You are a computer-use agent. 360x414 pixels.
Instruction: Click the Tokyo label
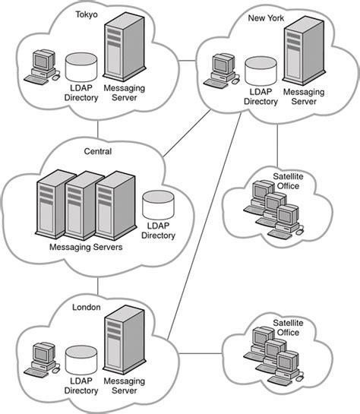[87, 14]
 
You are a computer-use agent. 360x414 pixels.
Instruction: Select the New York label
[266, 18]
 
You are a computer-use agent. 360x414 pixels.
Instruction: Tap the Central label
[98, 151]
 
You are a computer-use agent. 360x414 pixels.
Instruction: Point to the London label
[87, 307]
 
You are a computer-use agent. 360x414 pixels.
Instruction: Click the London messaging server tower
[125, 340]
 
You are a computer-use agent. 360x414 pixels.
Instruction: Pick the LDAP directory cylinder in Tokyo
[81, 68]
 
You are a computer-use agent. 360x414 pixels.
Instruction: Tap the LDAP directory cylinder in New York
[261, 71]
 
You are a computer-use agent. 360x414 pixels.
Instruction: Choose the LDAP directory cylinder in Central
[158, 205]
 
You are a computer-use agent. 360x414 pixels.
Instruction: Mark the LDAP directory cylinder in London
[81, 360]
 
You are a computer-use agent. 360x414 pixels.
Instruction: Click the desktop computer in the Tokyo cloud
[42, 67]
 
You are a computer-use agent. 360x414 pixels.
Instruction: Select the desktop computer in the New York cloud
[222, 71]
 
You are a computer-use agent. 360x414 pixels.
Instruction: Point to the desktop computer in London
[42, 360]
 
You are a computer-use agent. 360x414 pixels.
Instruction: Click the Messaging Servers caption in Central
[86, 247]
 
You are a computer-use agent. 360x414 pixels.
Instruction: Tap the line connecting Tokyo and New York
[187, 61]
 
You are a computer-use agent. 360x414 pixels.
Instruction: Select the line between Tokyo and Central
[98, 129]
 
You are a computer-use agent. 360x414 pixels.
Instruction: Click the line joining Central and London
[98, 286]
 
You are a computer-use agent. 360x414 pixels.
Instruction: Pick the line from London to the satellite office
[201, 353]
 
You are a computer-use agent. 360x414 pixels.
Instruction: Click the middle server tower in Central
[81, 205]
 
